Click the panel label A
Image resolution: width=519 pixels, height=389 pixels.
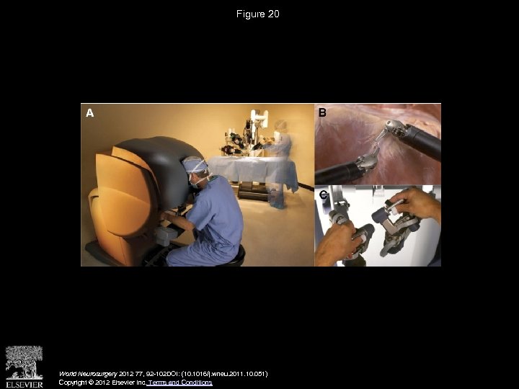89,113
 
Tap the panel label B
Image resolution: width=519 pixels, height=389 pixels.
322,112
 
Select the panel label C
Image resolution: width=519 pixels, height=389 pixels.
324,194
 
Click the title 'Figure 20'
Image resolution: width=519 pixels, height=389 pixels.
258,14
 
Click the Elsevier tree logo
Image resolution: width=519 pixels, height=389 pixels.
24,362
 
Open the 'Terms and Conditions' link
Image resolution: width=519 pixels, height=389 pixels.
179,383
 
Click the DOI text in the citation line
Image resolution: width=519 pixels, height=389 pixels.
216,374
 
